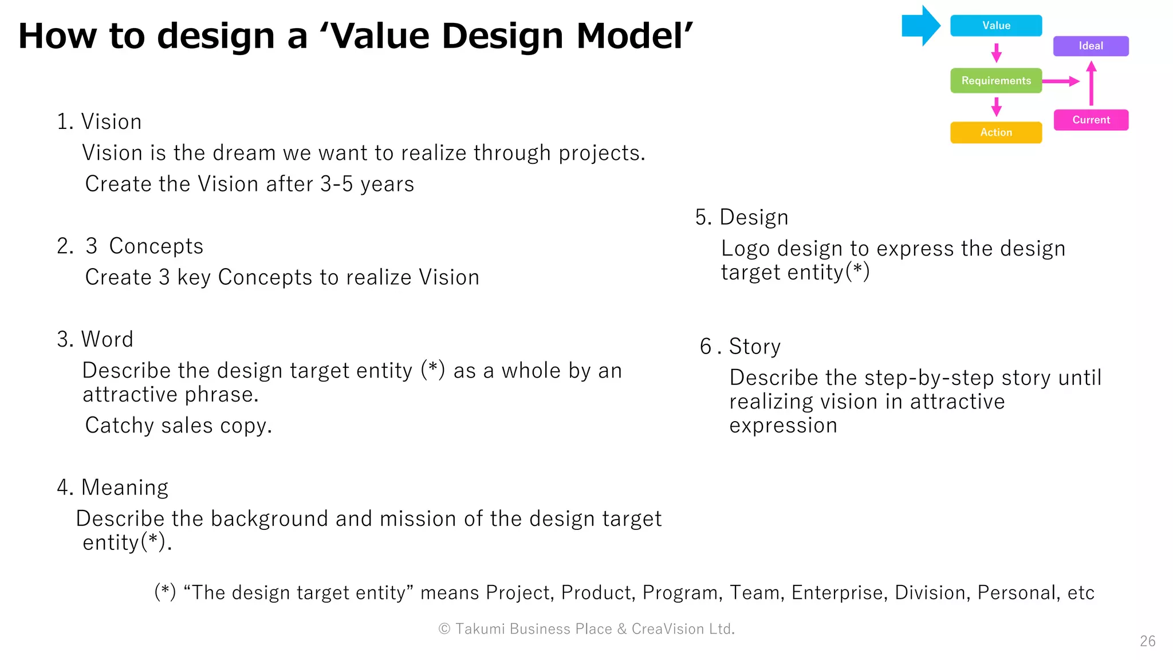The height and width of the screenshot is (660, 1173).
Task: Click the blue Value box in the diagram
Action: [x=995, y=26]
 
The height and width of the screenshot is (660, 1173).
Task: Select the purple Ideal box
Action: [x=1091, y=46]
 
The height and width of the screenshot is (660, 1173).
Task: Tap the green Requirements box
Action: [x=995, y=81]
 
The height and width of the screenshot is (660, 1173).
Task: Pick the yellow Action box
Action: [x=995, y=132]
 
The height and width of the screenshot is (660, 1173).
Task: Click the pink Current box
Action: [x=1091, y=120]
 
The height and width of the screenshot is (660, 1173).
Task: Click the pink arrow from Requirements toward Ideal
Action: [x=1061, y=81]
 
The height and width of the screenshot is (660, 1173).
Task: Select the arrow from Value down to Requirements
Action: [x=996, y=53]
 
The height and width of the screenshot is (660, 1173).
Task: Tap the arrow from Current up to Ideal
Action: [x=1091, y=84]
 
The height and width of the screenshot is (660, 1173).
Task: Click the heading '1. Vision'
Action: [x=99, y=122]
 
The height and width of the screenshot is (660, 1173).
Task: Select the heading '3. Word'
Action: [x=95, y=339]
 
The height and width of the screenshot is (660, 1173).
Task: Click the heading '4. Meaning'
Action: [x=113, y=488]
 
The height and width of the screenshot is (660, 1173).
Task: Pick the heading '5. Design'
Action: [x=742, y=218]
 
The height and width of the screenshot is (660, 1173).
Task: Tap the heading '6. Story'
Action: [x=740, y=347]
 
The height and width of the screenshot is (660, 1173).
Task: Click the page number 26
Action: [x=1147, y=641]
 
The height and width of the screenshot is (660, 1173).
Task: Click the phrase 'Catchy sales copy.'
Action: [x=178, y=426]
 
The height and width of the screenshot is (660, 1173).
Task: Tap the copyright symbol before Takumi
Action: [x=444, y=629]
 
